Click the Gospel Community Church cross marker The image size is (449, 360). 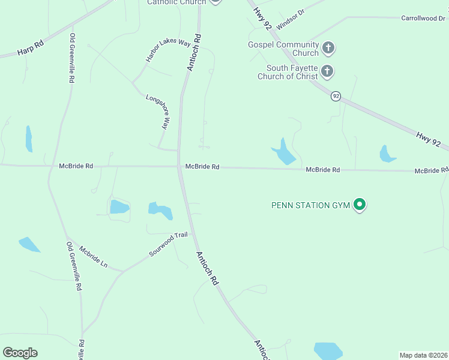tap(328, 47)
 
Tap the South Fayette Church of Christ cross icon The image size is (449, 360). tap(327, 72)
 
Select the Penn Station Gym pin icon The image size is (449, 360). tap(360, 205)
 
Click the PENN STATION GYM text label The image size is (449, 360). tap(310, 205)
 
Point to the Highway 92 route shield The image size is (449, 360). tap(336, 96)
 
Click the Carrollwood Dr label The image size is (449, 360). tap(424, 19)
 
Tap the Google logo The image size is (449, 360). tap(20, 352)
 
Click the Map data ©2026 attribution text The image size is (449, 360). tap(423, 355)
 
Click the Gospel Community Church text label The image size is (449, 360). tap(283, 49)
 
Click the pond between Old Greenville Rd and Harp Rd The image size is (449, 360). tap(28, 139)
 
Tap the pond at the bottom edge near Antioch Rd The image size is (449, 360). tap(328, 351)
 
